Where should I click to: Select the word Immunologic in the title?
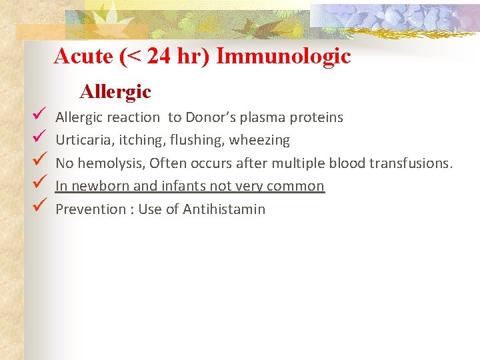(x=283, y=56)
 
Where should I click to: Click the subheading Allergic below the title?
(x=115, y=91)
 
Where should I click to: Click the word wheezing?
(x=260, y=141)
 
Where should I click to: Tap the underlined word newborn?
(x=100, y=186)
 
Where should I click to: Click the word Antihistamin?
(x=224, y=209)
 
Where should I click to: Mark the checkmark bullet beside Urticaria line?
(x=38, y=139)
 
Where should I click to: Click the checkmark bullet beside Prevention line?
(x=38, y=207)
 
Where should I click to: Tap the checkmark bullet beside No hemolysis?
(x=38, y=161)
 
